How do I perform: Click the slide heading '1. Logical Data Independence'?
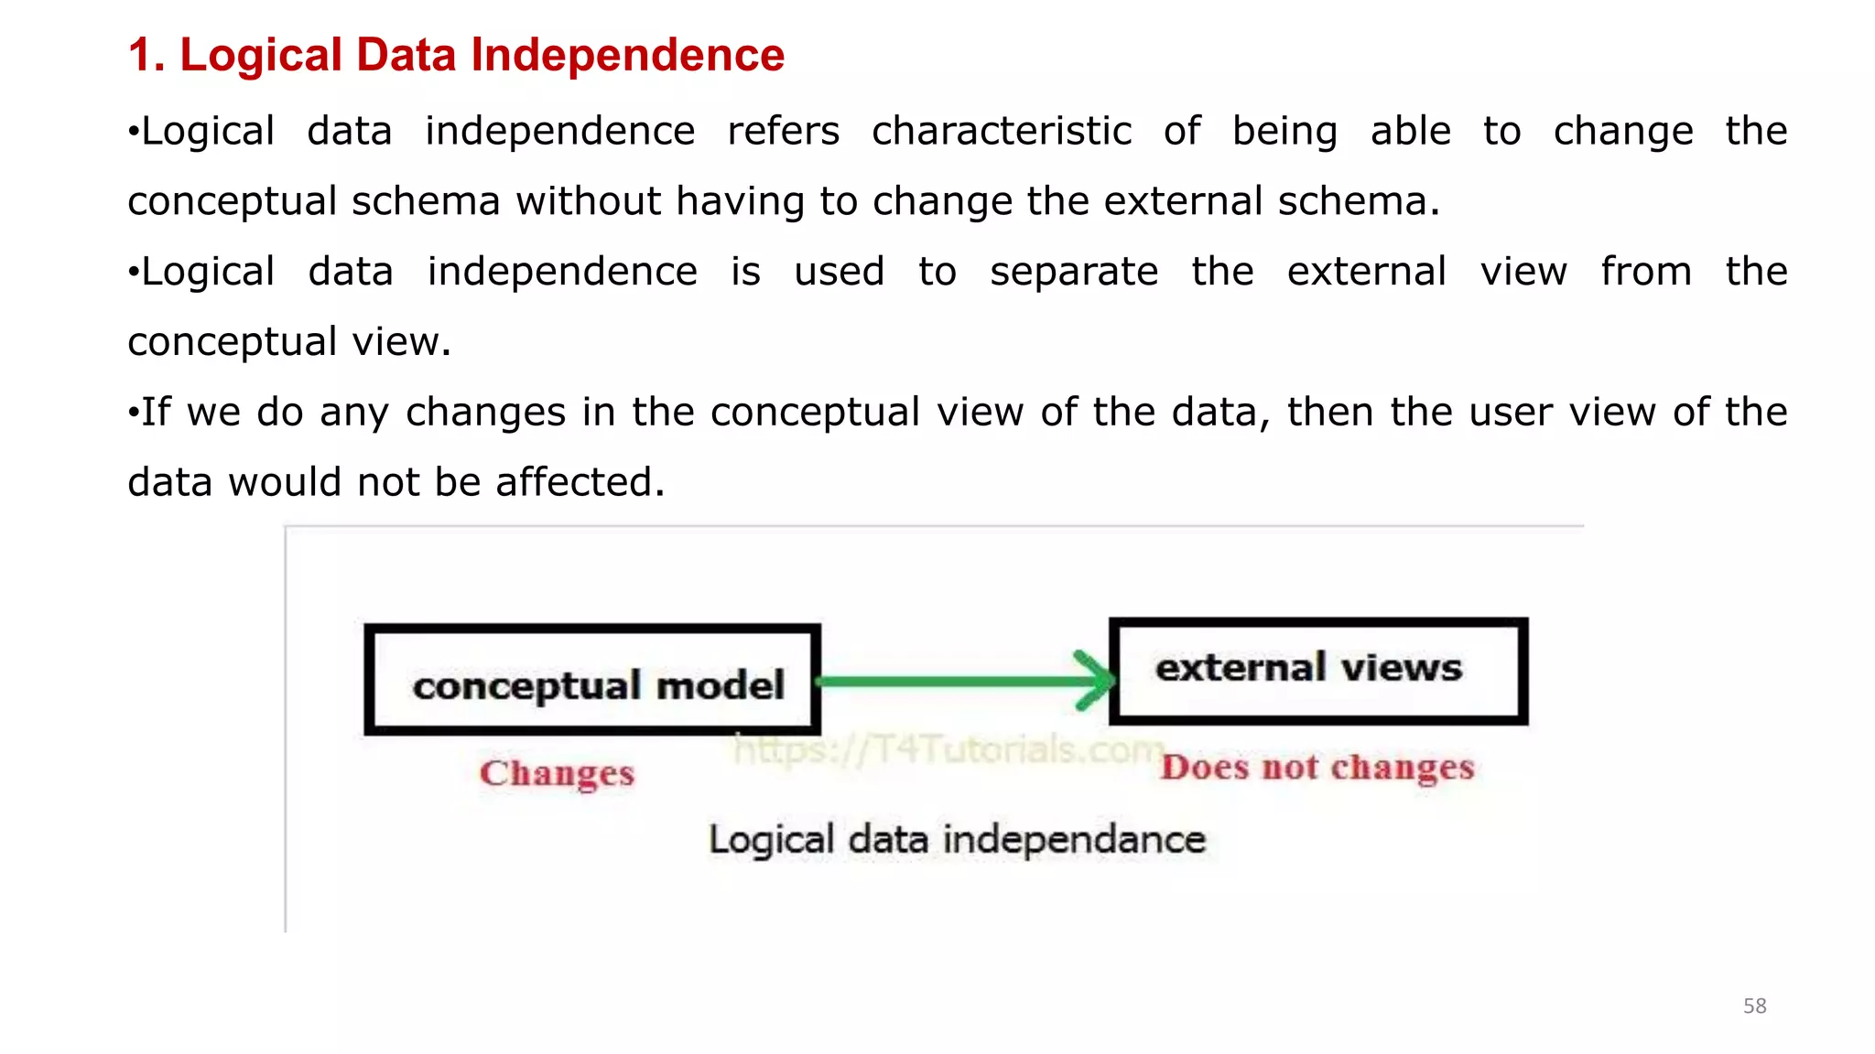(456, 55)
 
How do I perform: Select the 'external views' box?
(1317, 671)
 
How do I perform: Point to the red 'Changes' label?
(557, 773)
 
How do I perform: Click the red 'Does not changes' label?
(1317, 767)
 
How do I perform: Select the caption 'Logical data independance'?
(957, 839)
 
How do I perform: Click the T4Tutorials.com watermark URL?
(948, 749)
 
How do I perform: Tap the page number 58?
(1754, 1006)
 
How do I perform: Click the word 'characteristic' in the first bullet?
(1002, 131)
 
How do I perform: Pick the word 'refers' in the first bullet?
(783, 131)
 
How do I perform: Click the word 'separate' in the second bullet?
(1074, 272)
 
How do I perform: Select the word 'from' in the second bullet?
(1645, 272)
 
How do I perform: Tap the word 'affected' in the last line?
(580, 482)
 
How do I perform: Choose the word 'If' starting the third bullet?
(156, 412)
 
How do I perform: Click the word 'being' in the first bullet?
(1284, 132)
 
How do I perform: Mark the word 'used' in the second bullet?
(839, 272)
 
